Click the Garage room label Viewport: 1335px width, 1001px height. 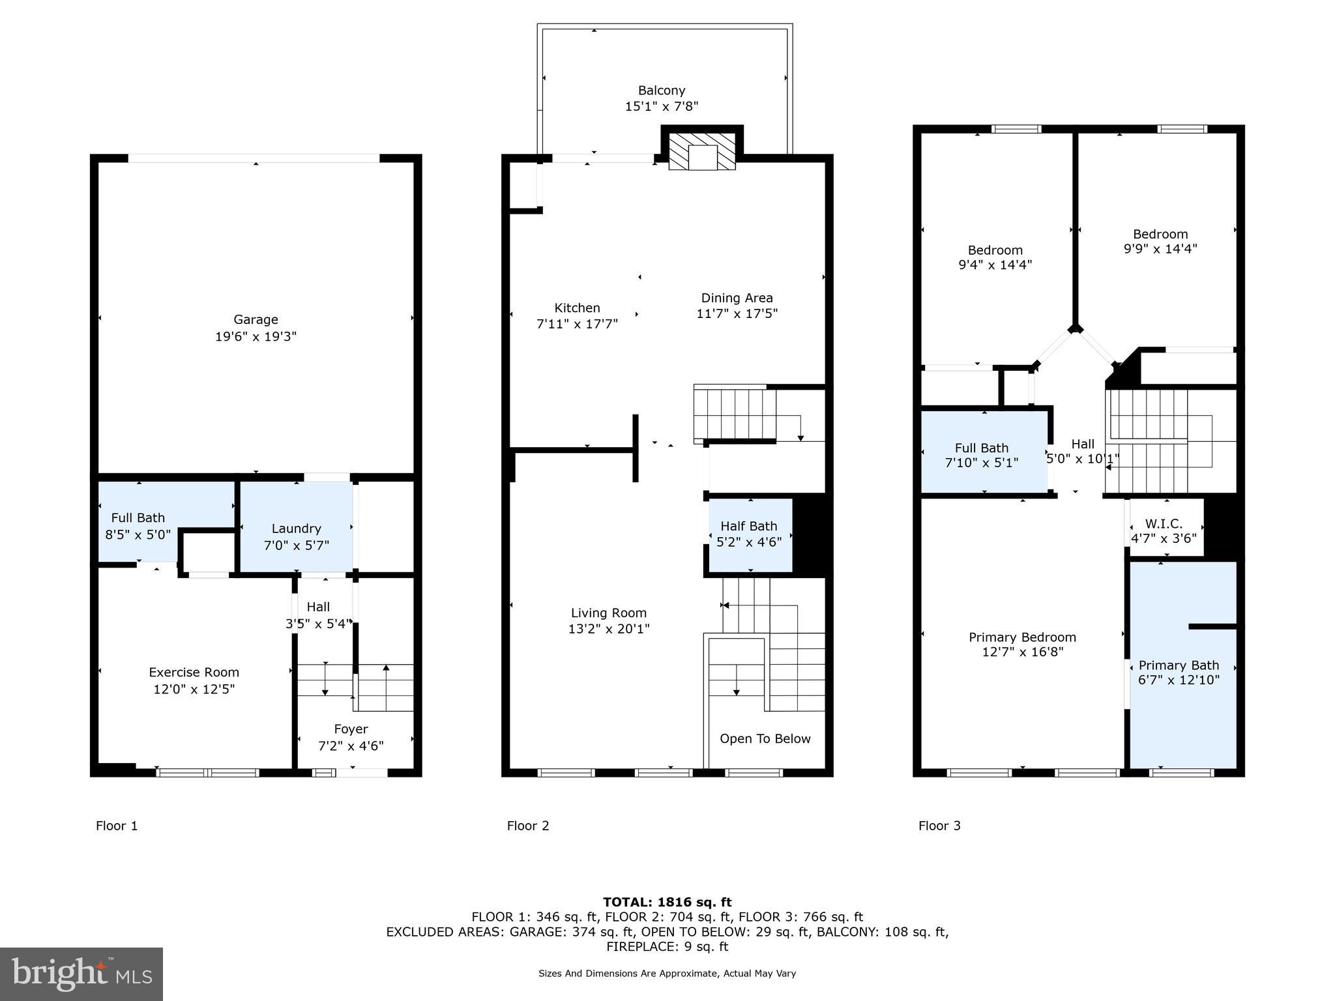256,319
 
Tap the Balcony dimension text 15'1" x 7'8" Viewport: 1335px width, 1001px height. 661,106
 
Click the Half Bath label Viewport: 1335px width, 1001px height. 748,526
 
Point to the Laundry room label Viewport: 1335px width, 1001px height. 296,529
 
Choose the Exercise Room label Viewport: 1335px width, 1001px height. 194,672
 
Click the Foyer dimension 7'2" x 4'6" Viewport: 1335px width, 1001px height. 351,746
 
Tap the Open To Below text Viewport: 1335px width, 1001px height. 765,738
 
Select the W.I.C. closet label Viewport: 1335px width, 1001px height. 1163,524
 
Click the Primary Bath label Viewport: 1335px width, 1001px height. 1179,665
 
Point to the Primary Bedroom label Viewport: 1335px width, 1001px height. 1022,637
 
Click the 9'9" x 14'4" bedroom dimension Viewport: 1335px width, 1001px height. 1160,249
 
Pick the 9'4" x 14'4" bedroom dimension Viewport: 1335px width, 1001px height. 995,265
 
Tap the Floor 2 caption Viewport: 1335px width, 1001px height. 528,826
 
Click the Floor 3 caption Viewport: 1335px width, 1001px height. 939,826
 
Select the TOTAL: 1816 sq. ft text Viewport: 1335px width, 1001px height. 667,902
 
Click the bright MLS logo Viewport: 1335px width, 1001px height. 81,974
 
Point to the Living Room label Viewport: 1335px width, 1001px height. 608,613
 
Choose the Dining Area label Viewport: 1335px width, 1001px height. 737,297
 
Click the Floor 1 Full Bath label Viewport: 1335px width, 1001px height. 138,517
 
